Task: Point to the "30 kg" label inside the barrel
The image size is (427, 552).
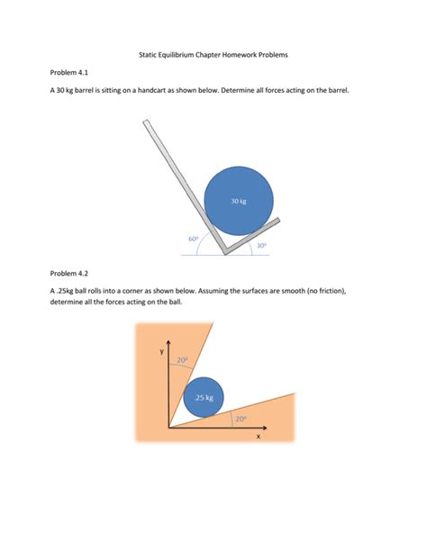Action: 238,201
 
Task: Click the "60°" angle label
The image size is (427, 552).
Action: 193,239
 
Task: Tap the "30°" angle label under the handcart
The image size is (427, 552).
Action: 261,245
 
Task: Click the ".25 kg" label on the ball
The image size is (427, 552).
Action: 204,397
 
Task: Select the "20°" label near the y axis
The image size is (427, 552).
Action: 184,359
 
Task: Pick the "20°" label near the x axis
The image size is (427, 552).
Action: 241,418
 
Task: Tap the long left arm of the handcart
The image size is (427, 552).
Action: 180,180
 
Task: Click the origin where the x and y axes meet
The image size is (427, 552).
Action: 168,427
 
